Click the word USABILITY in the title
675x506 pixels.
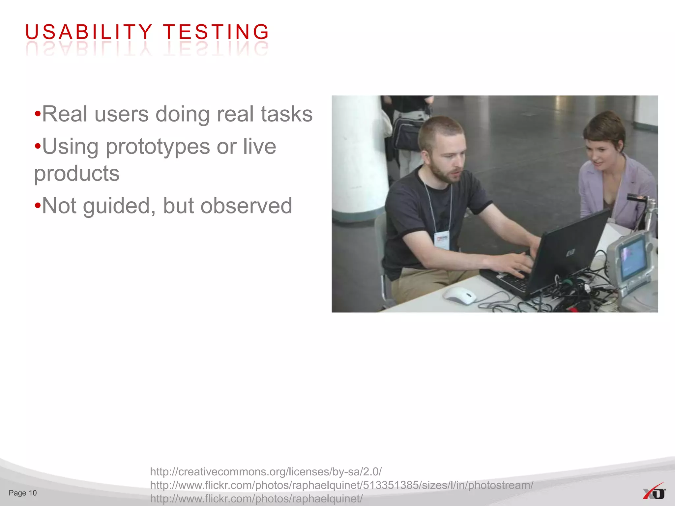(88, 32)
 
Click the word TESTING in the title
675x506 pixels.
(216, 32)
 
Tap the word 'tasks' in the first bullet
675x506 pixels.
(286, 114)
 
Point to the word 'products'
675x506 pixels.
(77, 173)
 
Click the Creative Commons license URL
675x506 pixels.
(266, 471)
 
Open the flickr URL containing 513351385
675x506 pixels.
(341, 485)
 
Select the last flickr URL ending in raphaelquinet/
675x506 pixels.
(256, 498)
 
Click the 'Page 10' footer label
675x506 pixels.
(23, 493)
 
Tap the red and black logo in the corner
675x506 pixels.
(654, 492)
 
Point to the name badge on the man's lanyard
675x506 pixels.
(442, 240)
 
